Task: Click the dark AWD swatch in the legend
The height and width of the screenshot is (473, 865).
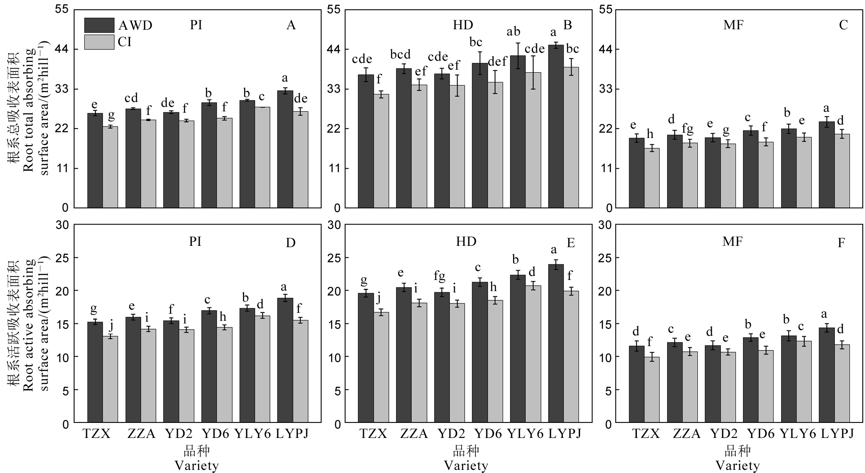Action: (99, 25)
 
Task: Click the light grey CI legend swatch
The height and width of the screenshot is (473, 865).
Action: (99, 42)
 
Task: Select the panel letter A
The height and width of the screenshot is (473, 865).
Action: (291, 25)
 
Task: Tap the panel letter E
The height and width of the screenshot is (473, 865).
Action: (571, 243)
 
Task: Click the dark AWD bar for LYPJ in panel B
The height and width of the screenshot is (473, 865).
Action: (556, 126)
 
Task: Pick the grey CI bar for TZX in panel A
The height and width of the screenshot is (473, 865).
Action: (111, 167)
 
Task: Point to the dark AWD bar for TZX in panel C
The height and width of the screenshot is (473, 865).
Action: (636, 173)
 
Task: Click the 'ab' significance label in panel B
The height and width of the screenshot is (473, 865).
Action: (513, 32)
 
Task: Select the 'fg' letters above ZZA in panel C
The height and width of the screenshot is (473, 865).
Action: (687, 129)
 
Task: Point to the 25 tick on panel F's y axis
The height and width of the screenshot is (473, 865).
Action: (605, 258)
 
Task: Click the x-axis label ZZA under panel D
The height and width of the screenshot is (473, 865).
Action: (141, 434)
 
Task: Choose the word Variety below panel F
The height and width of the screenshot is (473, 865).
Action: (737, 466)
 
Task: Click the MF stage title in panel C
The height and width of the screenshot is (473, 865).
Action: (733, 25)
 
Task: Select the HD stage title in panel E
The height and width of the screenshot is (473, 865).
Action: (466, 241)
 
